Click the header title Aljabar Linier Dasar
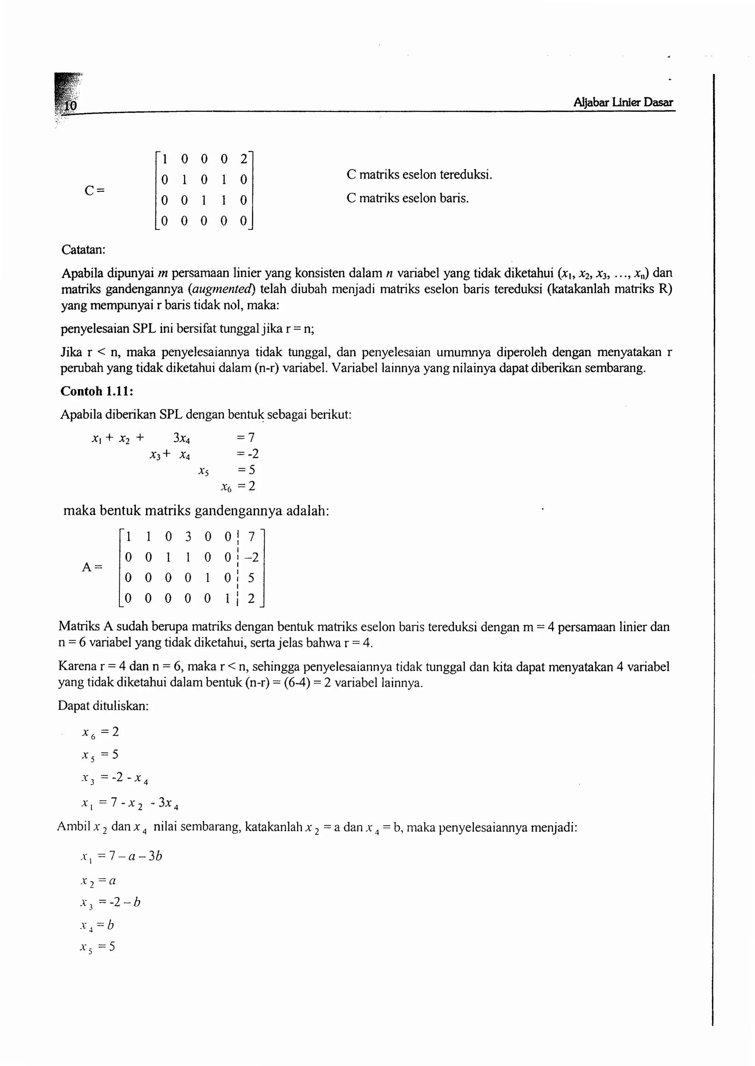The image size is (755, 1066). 623,102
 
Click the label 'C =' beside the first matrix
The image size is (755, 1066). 95,191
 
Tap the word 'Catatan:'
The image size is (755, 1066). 83,250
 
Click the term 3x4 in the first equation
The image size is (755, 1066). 182,438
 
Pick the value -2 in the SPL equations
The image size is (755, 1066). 251,454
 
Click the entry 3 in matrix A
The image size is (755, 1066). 188,537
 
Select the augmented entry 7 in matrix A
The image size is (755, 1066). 251,537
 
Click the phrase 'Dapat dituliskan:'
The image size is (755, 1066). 103,706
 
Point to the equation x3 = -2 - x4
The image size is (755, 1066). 115,778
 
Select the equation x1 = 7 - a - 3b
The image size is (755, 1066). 121,856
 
